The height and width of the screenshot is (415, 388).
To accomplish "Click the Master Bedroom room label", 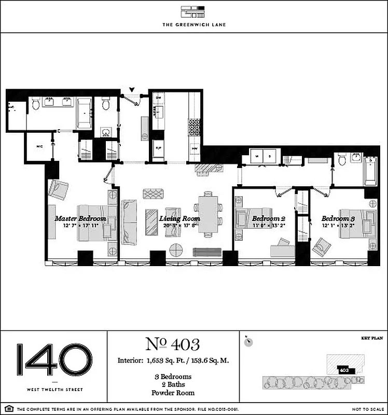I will pos(80,218).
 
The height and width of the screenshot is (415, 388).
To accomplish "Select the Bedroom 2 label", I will pos(269,218).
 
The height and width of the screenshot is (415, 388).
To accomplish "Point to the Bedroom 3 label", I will pos(338,218).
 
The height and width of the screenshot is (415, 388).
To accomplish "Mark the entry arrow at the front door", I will pos(132,91).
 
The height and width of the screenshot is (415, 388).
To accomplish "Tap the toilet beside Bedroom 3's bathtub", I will pos(342,160).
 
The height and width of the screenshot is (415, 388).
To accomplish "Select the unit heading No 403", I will pos(173,344).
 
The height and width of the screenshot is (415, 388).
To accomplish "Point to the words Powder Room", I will pos(173,394).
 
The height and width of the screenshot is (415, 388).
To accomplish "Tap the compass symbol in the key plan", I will pos(250,341).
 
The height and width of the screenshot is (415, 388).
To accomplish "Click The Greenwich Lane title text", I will pos(193,24).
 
